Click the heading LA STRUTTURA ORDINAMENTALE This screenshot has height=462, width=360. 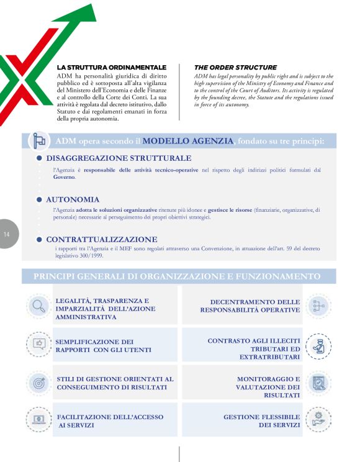[112, 67]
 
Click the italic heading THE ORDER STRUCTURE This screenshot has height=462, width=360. [235, 67]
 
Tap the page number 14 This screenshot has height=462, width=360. [7, 234]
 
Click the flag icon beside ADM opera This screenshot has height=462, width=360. [40, 141]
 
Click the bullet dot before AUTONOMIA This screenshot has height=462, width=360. [39, 199]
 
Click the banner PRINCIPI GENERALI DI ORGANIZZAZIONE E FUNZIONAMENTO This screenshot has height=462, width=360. [177, 276]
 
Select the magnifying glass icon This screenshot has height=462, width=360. [39, 305]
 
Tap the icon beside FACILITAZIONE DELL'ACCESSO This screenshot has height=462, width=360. [39, 419]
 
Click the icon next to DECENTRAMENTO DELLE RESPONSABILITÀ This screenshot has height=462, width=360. [319, 305]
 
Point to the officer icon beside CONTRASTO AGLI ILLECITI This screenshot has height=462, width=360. [319, 346]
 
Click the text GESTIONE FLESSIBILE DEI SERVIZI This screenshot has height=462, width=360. [261, 421]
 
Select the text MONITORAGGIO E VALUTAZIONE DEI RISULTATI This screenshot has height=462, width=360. [268, 386]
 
